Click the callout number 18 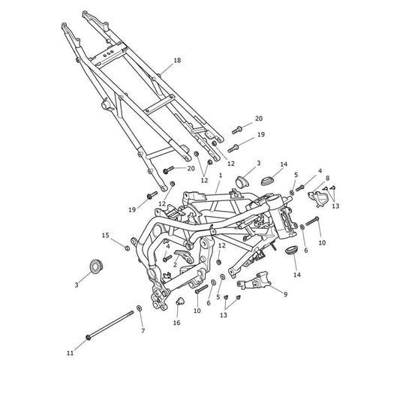click(x=177, y=61)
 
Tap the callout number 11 click(x=70, y=353)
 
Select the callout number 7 click(x=143, y=331)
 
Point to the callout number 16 click(x=177, y=323)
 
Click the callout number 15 click(x=106, y=236)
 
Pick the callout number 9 click(x=285, y=294)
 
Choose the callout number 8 click(x=327, y=178)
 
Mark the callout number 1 click(x=221, y=176)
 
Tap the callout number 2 click(x=175, y=265)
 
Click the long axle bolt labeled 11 click(x=110, y=324)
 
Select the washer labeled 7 click(x=140, y=308)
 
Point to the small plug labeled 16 click(x=179, y=301)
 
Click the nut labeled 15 click(x=127, y=248)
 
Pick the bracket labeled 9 click(x=254, y=281)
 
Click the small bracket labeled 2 click(x=184, y=256)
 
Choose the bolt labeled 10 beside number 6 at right click(x=312, y=221)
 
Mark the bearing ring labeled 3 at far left click(x=96, y=266)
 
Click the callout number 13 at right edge click(x=335, y=206)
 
